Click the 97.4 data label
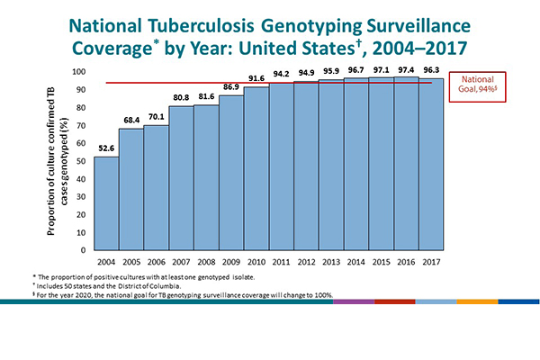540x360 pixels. [406, 69]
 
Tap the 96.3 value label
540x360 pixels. [431, 71]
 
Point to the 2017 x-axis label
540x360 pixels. [431, 261]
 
